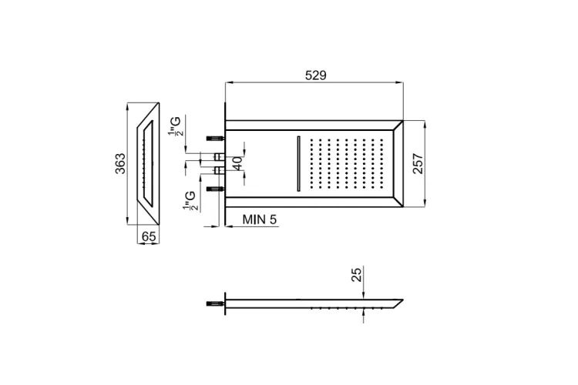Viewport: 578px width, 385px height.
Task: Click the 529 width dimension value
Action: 316,75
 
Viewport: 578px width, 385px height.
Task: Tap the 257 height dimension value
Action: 418,163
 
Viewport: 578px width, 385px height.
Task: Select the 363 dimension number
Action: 120,163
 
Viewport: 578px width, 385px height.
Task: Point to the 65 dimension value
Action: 149,236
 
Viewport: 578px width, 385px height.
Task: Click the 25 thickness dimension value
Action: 357,275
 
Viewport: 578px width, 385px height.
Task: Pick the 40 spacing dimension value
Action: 238,163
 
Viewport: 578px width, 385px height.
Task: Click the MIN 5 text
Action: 260,219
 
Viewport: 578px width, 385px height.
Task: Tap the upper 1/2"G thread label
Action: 175,126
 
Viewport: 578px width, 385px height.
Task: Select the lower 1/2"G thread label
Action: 190,201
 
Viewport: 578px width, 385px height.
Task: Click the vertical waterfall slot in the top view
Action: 298,163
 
